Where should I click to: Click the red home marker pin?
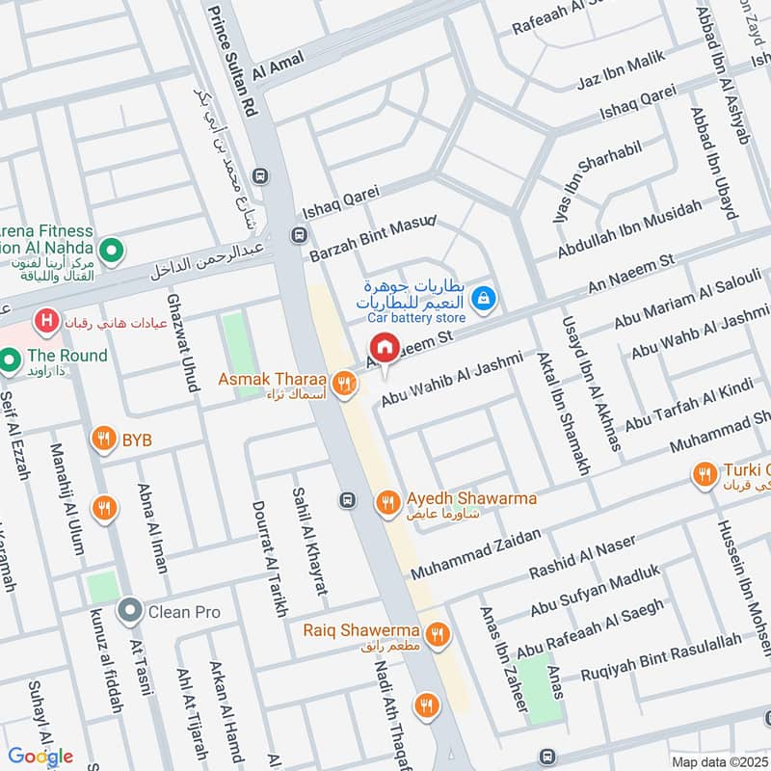click(385, 348)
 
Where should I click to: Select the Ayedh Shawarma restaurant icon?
click(388, 500)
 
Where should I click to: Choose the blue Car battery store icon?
click(488, 300)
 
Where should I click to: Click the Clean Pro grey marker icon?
click(129, 611)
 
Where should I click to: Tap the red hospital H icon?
click(44, 319)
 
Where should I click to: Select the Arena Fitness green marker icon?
click(112, 251)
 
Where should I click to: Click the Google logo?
click(40, 756)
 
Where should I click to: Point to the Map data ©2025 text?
click(719, 762)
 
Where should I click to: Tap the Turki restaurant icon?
click(705, 473)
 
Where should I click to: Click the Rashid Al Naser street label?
click(582, 558)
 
